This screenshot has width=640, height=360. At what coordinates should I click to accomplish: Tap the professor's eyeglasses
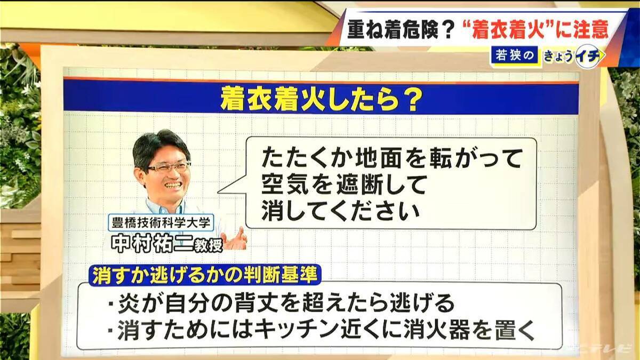click(169, 167)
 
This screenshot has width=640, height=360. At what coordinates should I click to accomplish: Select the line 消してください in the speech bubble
click(338, 211)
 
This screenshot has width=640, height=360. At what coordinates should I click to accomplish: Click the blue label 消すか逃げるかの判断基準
click(205, 275)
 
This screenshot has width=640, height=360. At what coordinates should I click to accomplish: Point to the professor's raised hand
click(235, 239)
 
